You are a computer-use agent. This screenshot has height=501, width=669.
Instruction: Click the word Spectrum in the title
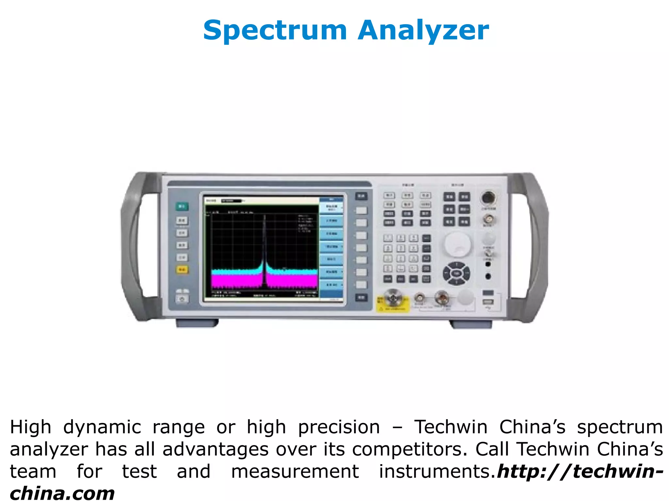(x=275, y=30)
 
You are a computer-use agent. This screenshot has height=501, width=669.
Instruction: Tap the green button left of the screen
(x=182, y=206)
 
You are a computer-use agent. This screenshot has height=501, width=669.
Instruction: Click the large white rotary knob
(x=457, y=244)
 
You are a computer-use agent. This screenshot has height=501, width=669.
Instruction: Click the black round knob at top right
(x=488, y=198)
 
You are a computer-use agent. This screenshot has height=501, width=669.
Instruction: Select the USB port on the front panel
(x=488, y=302)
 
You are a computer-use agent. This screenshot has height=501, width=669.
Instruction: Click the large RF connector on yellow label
(x=393, y=298)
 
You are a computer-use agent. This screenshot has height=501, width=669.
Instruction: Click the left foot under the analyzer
(x=197, y=323)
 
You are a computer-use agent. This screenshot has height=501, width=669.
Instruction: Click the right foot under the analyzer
(x=471, y=324)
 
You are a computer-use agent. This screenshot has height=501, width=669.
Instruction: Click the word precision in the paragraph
(x=339, y=427)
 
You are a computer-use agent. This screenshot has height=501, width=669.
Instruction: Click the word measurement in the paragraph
(x=295, y=472)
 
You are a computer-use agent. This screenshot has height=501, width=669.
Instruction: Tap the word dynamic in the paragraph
(x=102, y=427)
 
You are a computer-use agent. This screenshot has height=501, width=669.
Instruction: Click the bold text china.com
(x=62, y=493)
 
